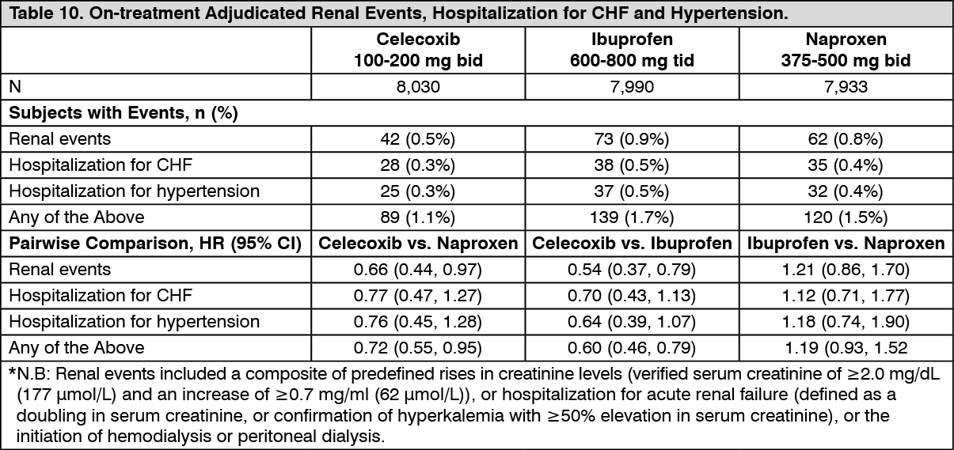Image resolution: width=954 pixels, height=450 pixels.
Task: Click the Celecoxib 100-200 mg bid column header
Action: (x=418, y=50)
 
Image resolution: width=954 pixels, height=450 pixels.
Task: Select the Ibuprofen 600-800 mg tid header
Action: (x=632, y=50)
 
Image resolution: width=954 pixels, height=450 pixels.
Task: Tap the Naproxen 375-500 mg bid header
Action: (x=846, y=50)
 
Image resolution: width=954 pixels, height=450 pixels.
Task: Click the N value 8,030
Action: (x=418, y=87)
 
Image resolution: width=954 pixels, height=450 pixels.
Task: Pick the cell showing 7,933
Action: (x=846, y=87)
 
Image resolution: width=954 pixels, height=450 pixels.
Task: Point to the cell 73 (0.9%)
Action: (x=632, y=139)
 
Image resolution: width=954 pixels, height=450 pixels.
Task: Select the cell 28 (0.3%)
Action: (x=418, y=165)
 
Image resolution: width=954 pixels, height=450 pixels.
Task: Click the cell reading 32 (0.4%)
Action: (x=846, y=191)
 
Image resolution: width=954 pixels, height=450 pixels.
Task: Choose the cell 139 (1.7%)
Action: (x=632, y=217)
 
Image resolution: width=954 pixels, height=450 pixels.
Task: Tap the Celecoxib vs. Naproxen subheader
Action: (x=418, y=244)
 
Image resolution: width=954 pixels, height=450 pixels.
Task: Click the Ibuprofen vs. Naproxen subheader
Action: (x=846, y=244)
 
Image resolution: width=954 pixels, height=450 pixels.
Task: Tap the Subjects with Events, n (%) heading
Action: (x=124, y=113)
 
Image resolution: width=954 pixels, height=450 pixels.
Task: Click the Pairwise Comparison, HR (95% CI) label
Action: (x=155, y=244)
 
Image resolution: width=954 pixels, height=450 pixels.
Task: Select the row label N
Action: (x=15, y=87)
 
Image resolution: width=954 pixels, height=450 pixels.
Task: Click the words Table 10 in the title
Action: (x=46, y=13)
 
